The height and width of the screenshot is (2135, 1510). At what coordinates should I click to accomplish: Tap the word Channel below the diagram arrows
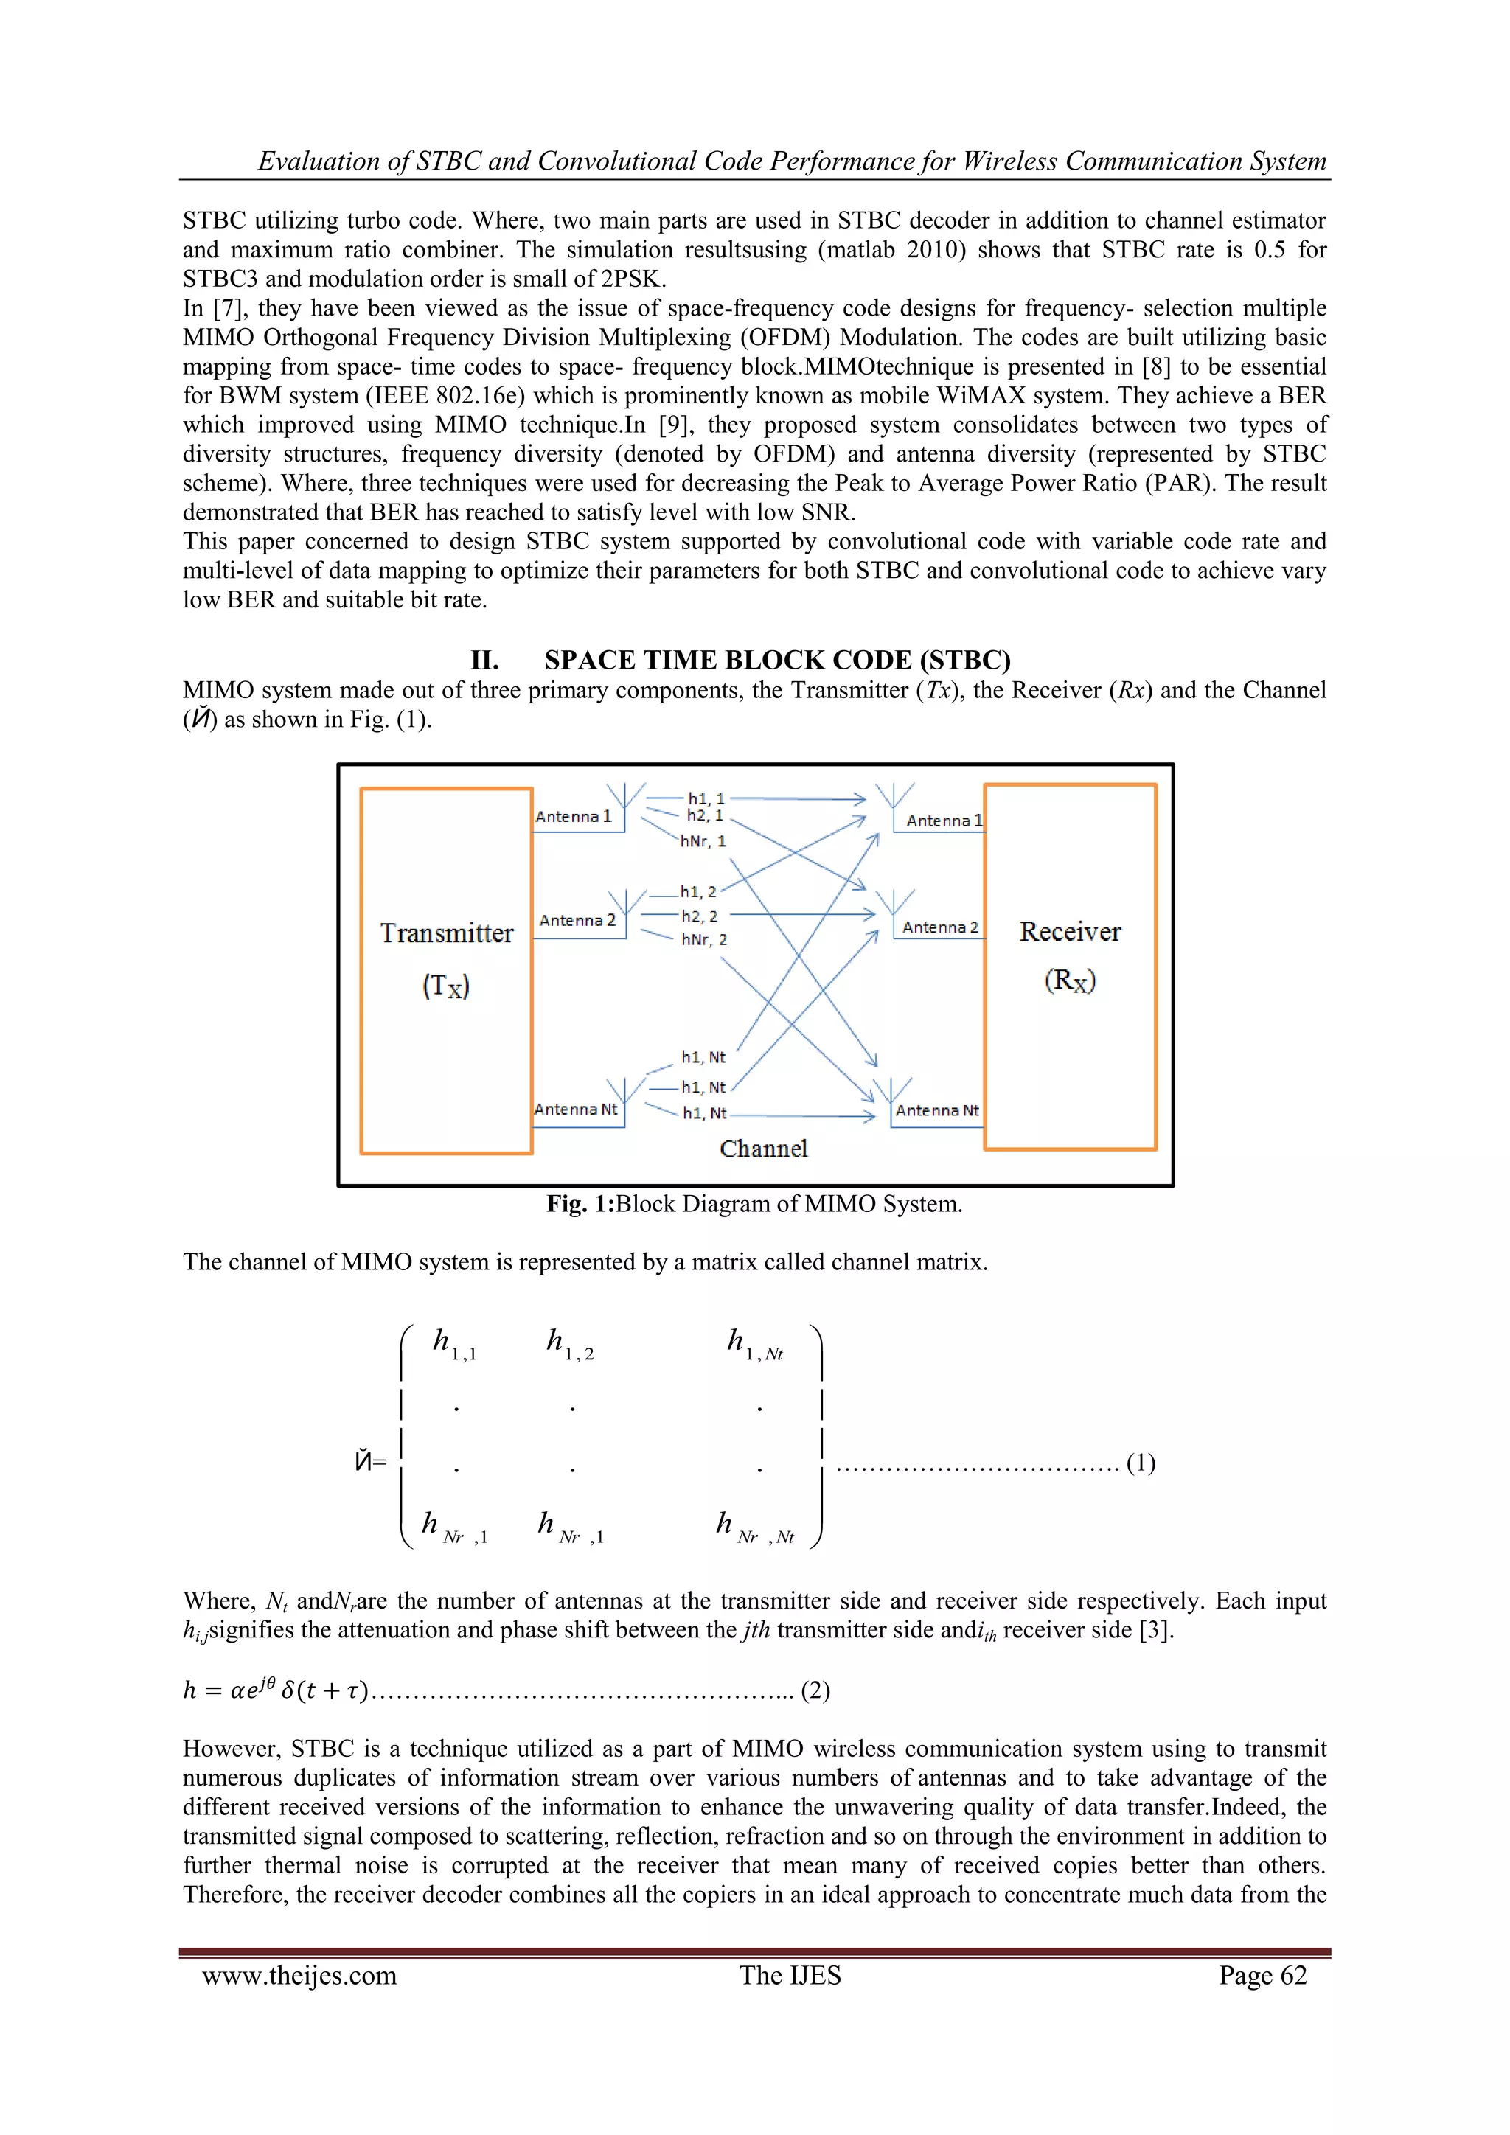pos(763,1149)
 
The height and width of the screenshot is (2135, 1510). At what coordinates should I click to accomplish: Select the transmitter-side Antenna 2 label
pos(577,921)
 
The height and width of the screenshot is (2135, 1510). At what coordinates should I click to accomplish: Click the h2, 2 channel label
pos(699,916)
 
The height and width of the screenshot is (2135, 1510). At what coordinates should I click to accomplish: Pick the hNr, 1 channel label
pos(703,841)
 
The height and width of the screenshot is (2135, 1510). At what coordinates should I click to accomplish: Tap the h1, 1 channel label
pos(706,798)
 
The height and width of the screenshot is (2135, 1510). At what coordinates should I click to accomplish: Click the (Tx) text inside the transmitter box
pos(446,986)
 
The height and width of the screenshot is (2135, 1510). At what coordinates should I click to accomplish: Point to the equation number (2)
pos(815,1690)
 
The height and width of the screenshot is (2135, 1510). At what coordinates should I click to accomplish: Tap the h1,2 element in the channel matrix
pos(569,1345)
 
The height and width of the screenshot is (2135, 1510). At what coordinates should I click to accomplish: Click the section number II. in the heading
pos(484,661)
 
